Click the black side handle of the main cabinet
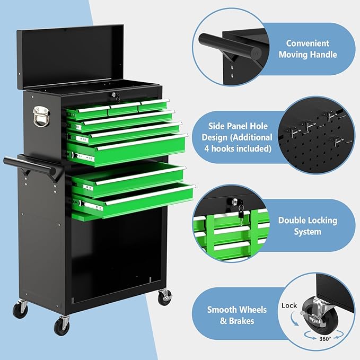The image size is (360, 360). click(x=32, y=166)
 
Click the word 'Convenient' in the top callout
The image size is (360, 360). click(x=308, y=43)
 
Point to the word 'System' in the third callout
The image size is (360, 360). click(x=308, y=232)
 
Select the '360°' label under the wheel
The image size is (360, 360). click(x=325, y=338)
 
